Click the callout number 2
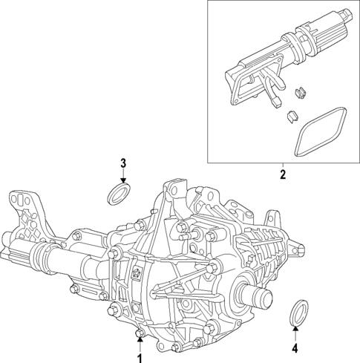283,175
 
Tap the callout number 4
295,348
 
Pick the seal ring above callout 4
296,313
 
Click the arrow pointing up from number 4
295,333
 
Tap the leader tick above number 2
283,166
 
